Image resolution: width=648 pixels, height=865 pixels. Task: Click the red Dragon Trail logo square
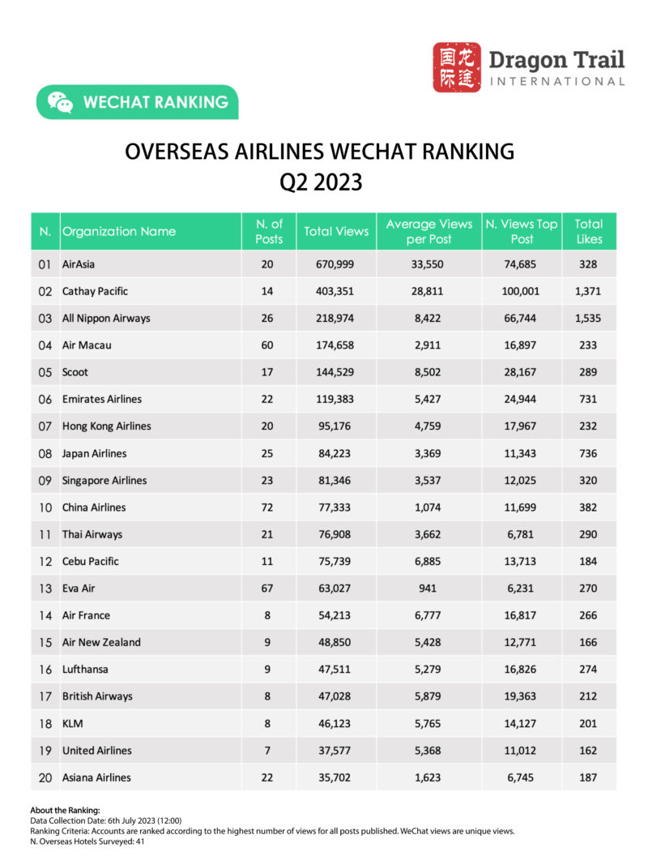[457, 67]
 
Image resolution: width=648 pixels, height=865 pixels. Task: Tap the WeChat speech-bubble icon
[60, 102]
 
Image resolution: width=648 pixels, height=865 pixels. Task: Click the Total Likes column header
[589, 231]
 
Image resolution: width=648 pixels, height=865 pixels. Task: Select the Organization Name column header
[119, 231]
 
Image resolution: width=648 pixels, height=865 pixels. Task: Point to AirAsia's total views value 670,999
[335, 264]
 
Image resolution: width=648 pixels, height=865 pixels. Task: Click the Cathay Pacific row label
[95, 291]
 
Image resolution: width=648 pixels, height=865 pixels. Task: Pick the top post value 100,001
[521, 291]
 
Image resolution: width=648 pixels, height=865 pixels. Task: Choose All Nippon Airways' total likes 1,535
[589, 318]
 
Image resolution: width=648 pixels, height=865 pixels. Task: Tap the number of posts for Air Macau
[267, 345]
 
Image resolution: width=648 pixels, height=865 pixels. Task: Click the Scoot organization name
[75, 372]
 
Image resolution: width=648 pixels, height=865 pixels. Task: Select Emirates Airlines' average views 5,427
[428, 399]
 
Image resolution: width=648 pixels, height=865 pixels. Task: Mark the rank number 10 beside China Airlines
[45, 507]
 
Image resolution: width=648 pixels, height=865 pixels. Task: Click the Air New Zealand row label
[101, 642]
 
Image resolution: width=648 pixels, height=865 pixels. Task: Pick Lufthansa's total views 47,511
[335, 669]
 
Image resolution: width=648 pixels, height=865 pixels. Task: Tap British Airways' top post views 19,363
[521, 696]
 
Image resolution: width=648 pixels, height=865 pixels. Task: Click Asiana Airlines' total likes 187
[589, 777]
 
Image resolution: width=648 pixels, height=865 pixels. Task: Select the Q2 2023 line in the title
[321, 182]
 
